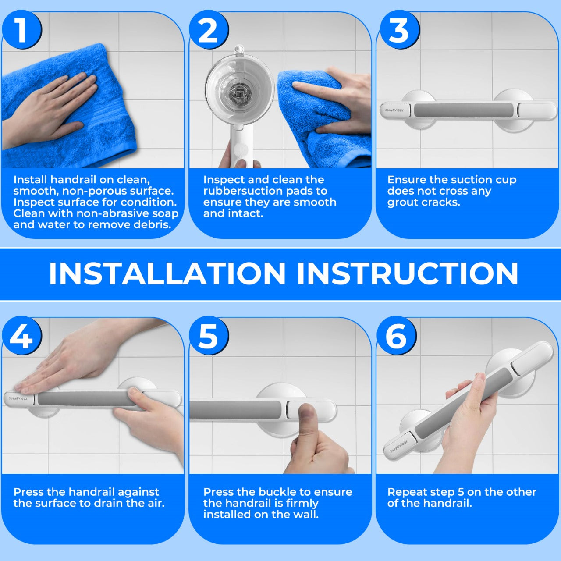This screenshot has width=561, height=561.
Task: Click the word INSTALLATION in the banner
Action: click(x=167, y=274)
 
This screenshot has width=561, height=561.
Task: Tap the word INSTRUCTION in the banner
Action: click(x=408, y=274)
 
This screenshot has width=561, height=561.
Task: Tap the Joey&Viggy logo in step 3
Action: click(x=394, y=110)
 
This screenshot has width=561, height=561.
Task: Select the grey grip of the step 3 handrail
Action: click(x=465, y=110)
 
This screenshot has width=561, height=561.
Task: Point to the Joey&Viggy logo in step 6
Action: click(x=398, y=446)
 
